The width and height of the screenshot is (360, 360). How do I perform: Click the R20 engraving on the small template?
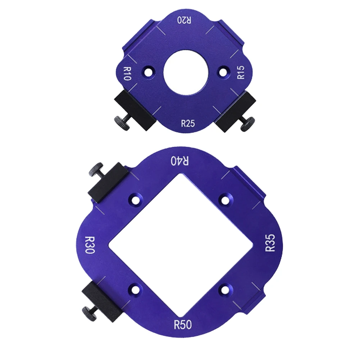[x=184, y=20]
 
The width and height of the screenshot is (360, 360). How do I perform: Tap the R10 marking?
[x=127, y=73]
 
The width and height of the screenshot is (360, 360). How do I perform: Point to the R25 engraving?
[x=188, y=123]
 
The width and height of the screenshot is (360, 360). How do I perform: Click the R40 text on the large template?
[x=180, y=161]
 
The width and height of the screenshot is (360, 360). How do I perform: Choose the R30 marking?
[x=90, y=245]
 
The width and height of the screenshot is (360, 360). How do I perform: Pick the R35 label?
[x=270, y=243]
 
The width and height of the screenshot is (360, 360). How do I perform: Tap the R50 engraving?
[x=183, y=325]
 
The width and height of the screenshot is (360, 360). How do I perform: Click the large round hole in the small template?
[x=186, y=73]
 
